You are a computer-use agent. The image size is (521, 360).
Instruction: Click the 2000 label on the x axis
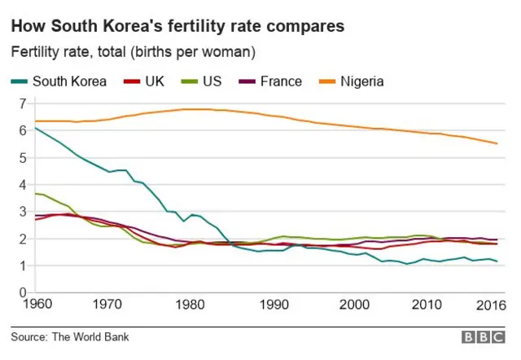click(353, 305)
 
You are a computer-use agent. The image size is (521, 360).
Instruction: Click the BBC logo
click(484, 336)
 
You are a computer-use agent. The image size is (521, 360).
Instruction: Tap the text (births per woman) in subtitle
click(193, 52)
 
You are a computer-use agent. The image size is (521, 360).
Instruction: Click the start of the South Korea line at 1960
click(34, 128)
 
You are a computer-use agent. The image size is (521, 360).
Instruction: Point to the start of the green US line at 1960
click(34, 193)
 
